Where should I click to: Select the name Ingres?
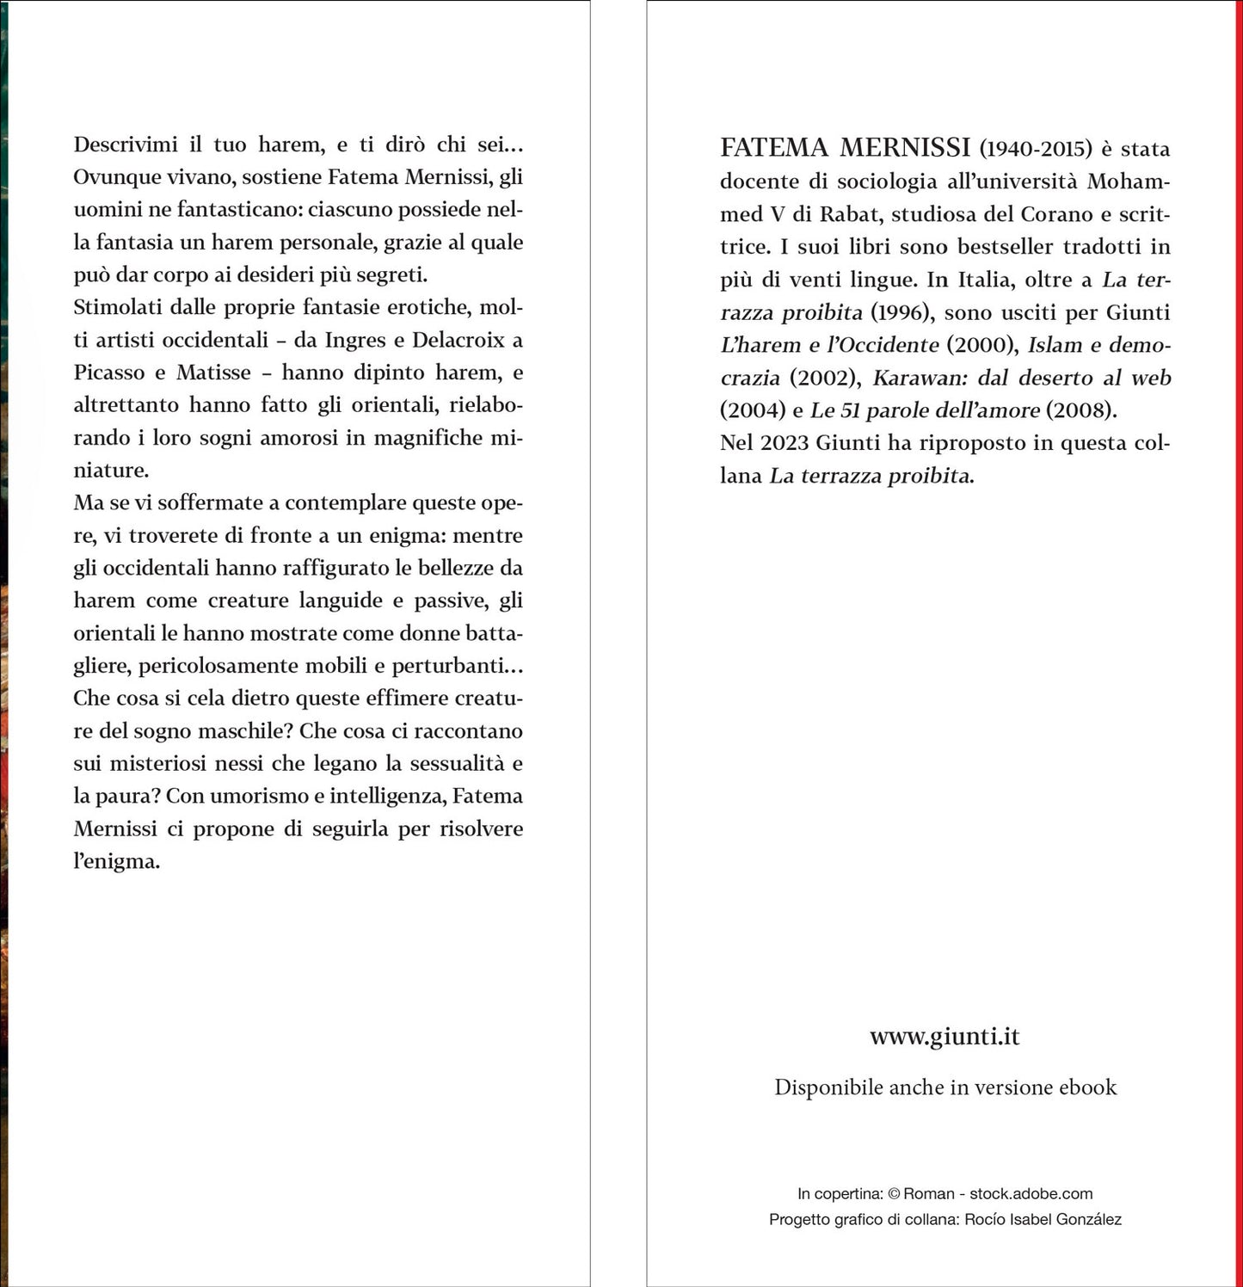(x=355, y=340)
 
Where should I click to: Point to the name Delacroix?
(x=458, y=340)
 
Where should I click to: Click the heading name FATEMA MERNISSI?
(x=845, y=148)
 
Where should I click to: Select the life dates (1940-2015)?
(x=1036, y=149)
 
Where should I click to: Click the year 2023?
(x=784, y=443)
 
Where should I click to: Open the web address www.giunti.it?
(x=945, y=1036)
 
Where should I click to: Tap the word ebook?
(x=1087, y=1087)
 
